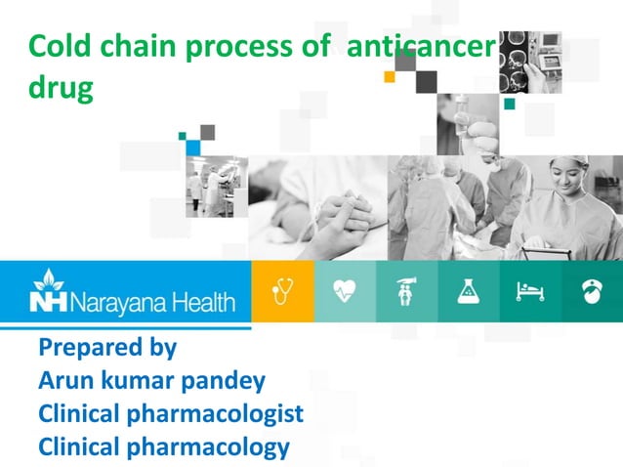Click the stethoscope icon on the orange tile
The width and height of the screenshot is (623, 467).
coord(283,291)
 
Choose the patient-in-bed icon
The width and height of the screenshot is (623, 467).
coord(530,291)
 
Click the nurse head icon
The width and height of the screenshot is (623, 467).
coord(592,291)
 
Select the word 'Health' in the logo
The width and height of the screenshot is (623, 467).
coord(203,301)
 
